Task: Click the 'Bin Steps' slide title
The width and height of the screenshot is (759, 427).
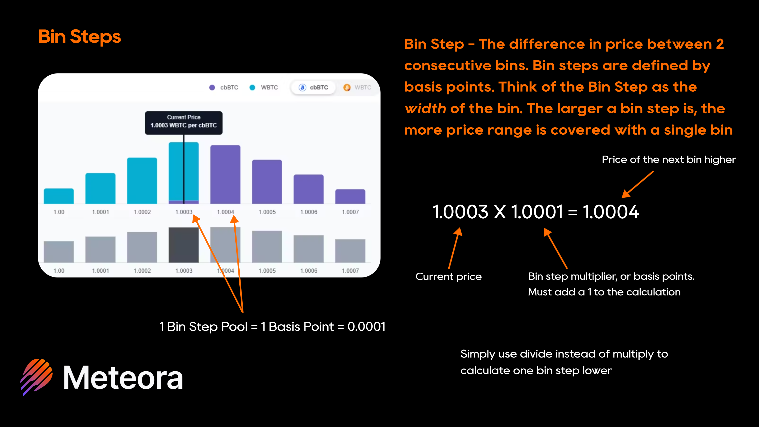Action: [x=80, y=37]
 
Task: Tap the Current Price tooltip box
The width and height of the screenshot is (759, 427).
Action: [x=184, y=123]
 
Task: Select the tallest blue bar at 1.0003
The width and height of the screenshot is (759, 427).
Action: [x=184, y=173]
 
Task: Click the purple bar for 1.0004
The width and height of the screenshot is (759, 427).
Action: [x=225, y=174]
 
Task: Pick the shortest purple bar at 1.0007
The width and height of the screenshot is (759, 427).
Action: [x=350, y=196]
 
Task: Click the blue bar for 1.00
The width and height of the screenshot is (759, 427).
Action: [x=59, y=196]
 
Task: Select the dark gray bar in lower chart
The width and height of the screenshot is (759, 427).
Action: [x=184, y=245]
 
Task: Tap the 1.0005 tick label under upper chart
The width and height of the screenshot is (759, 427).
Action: [x=267, y=212]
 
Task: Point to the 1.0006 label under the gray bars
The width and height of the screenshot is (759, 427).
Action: [x=309, y=271]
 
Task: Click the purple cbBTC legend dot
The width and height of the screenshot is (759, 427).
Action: [x=212, y=88]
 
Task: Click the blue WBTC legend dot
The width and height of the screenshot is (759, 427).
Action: [x=252, y=88]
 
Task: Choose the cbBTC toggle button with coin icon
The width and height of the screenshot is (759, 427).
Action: [x=313, y=88]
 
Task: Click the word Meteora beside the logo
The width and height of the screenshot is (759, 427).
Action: [x=123, y=378]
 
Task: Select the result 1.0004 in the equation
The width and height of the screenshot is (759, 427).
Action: [x=611, y=212]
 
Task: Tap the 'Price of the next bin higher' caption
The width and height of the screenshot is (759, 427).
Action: [x=669, y=160]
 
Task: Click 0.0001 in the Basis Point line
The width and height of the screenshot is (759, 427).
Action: [x=366, y=327]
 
